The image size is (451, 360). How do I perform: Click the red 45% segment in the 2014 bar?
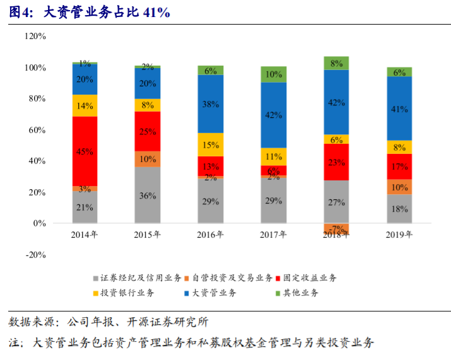[x=85, y=151]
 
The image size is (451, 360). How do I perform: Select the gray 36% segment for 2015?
[x=148, y=195]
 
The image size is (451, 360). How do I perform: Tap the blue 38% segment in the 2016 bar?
[x=211, y=104]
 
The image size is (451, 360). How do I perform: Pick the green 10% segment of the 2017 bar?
[x=273, y=74]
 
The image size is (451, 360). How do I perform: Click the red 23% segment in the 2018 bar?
[x=336, y=162]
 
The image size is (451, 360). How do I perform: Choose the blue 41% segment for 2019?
[x=399, y=108]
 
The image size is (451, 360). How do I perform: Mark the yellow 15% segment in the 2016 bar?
[x=211, y=144]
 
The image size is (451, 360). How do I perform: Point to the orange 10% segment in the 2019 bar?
[x=399, y=187]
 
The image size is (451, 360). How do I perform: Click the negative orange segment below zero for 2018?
[x=336, y=229]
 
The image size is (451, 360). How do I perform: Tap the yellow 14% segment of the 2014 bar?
[x=85, y=106]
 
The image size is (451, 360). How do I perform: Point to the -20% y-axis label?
[x=35, y=255]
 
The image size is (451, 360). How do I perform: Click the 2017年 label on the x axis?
[x=273, y=235]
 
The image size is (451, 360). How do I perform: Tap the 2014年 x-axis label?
[x=85, y=235]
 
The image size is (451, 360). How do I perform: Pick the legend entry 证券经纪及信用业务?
[x=141, y=278]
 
